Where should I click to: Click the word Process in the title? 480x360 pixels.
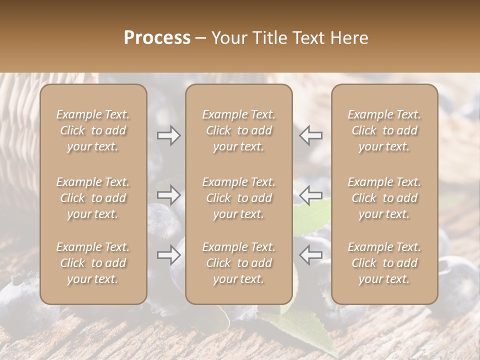[x=157, y=38]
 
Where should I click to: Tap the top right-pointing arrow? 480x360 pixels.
[x=169, y=135]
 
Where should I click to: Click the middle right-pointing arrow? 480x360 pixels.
[x=169, y=195]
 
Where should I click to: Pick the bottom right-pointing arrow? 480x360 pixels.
[x=169, y=255]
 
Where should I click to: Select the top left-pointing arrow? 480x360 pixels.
[x=310, y=135]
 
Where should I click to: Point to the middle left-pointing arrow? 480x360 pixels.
[x=310, y=195]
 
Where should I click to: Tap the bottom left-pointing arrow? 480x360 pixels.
[x=310, y=255]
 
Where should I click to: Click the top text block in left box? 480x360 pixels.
[x=93, y=130]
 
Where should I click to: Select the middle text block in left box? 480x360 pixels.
[x=93, y=198]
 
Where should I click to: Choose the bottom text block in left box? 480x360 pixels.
[x=93, y=263]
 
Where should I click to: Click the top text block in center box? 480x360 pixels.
[x=238, y=130]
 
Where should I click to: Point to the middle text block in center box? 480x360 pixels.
[x=238, y=198]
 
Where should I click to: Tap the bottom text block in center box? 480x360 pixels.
[x=238, y=263]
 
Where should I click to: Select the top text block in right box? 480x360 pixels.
[x=384, y=130]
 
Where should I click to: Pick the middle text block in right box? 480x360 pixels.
[x=384, y=198]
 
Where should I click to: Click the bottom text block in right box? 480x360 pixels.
[x=384, y=263]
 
